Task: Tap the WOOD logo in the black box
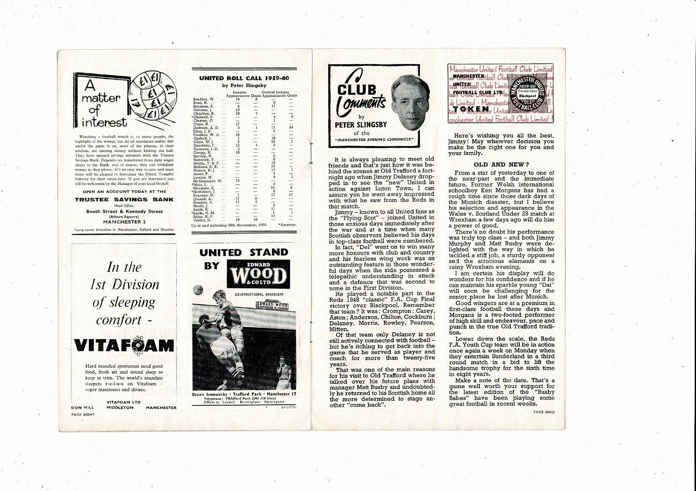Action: tap(258, 276)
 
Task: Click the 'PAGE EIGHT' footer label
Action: tap(83, 414)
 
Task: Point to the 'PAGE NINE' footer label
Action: tap(544, 411)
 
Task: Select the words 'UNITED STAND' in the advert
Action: tap(244, 252)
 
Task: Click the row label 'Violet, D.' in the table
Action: tap(201, 220)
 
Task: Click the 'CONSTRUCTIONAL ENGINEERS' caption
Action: tap(258, 294)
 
